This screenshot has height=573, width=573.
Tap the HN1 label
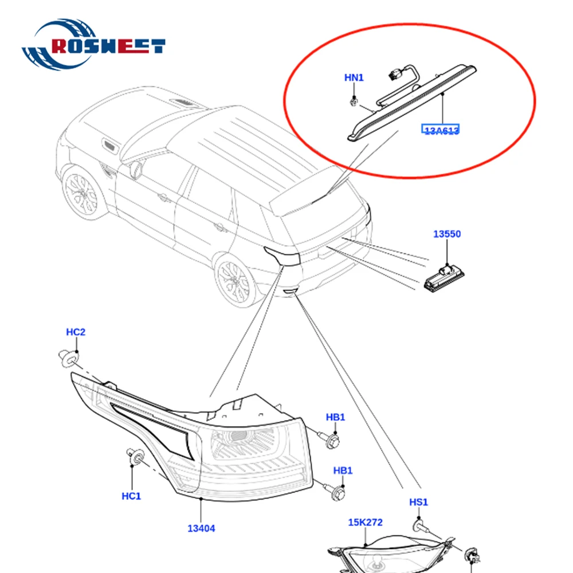click(x=354, y=77)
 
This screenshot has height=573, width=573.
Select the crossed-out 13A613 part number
click(x=442, y=131)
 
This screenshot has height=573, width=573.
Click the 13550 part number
click(x=446, y=234)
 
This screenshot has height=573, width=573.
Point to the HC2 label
click(x=76, y=332)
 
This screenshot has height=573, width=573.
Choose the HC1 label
click(x=131, y=496)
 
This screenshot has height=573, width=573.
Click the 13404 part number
click(x=201, y=528)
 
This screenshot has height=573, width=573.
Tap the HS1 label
click(x=418, y=503)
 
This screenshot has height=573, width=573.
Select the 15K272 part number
click(x=365, y=522)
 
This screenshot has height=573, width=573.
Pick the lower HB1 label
click(x=343, y=470)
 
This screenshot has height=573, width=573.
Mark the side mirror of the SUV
click(x=137, y=170)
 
